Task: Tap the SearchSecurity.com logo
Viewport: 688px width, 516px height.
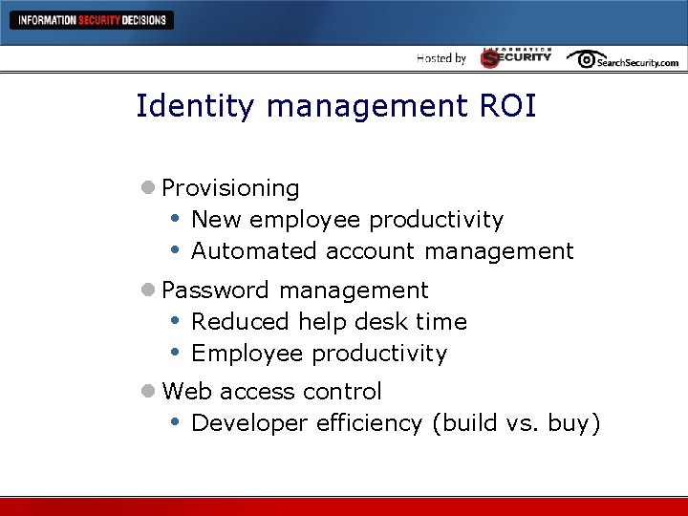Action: pyautogui.click(x=622, y=59)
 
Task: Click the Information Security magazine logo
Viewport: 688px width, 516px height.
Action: pyautogui.click(x=516, y=57)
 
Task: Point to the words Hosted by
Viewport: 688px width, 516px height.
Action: pyautogui.click(x=441, y=58)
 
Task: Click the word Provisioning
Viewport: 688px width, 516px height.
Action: pyautogui.click(x=230, y=188)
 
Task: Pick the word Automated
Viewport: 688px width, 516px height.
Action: pyautogui.click(x=253, y=251)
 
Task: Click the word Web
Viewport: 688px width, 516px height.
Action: pyautogui.click(x=187, y=392)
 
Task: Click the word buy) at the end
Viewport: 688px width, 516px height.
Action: pyautogui.click(x=574, y=423)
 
